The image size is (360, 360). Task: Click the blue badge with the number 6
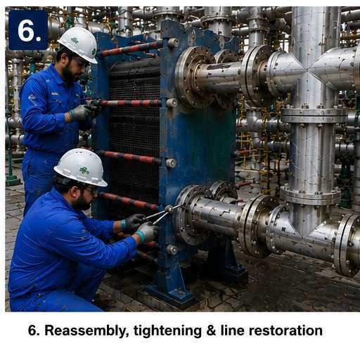tap(28, 30)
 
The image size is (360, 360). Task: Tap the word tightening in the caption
tap(167, 331)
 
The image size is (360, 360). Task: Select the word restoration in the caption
tap(285, 330)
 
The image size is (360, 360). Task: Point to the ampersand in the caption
tap(211, 330)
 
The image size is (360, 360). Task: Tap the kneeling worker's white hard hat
tap(81, 167)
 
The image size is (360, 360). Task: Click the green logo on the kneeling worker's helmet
tap(84, 170)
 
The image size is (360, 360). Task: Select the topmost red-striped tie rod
tap(130, 49)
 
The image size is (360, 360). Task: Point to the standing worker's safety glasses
tap(82, 63)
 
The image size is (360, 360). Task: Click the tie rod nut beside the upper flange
tap(172, 103)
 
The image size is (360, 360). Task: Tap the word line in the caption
tap(232, 330)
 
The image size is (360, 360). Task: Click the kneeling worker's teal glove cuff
tap(141, 236)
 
